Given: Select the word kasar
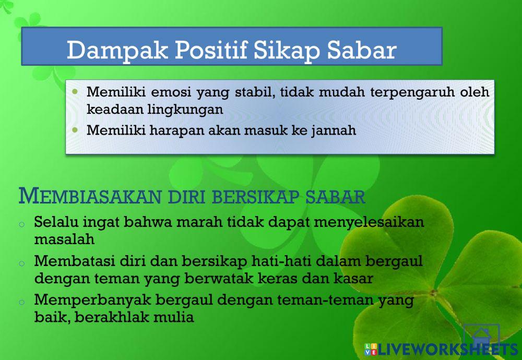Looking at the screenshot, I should [353, 278].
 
